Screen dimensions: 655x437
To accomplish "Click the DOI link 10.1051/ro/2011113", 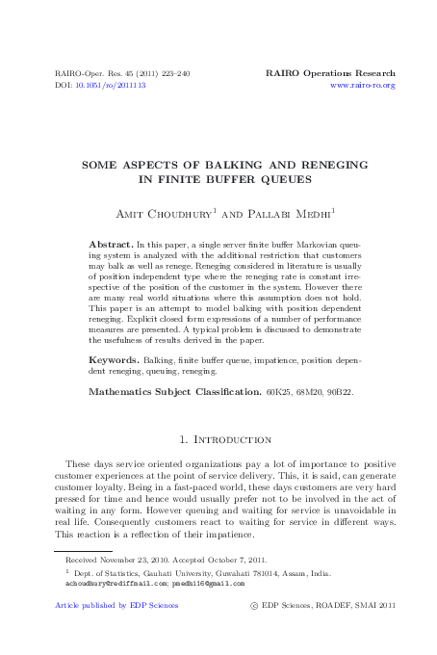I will click(x=111, y=85).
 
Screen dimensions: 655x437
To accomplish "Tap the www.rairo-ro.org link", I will click(x=362, y=85).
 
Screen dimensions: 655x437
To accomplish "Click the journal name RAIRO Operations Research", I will click(x=329, y=73).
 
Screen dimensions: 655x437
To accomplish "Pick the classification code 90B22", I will click(x=338, y=392).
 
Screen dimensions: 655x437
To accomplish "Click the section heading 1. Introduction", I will click(x=219, y=439).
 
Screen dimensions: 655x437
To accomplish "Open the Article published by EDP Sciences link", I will click(x=116, y=606).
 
